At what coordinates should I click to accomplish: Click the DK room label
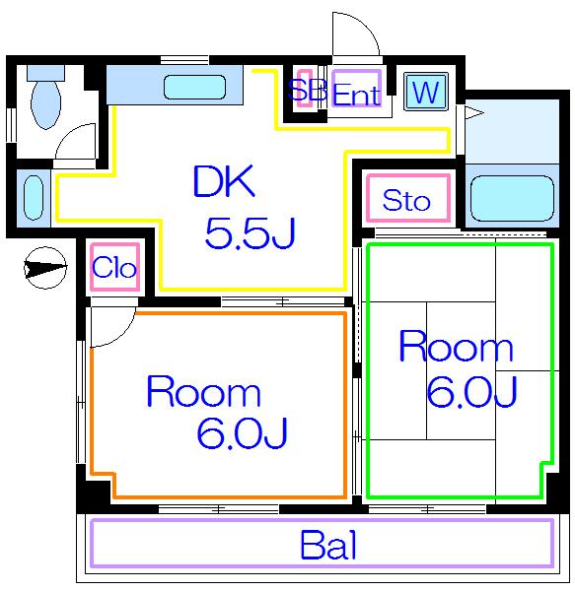[224, 181]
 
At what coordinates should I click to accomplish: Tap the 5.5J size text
[250, 233]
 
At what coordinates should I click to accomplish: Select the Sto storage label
[406, 200]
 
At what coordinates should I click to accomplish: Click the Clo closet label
[114, 267]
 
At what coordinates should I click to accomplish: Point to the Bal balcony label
[328, 545]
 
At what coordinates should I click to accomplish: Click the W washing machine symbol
[426, 92]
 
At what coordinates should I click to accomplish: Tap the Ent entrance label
[357, 95]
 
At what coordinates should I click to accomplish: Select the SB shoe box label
[307, 90]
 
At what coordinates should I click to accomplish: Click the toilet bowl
[45, 104]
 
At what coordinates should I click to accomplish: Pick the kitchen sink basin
[194, 87]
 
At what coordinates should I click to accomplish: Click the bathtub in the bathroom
[512, 198]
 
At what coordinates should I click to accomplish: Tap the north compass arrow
[45, 268]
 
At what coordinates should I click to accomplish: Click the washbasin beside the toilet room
[34, 198]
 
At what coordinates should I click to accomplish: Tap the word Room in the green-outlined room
[456, 346]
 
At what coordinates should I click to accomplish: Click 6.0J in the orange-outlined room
[243, 432]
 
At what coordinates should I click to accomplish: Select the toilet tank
[45, 72]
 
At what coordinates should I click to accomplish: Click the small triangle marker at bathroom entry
[474, 112]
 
